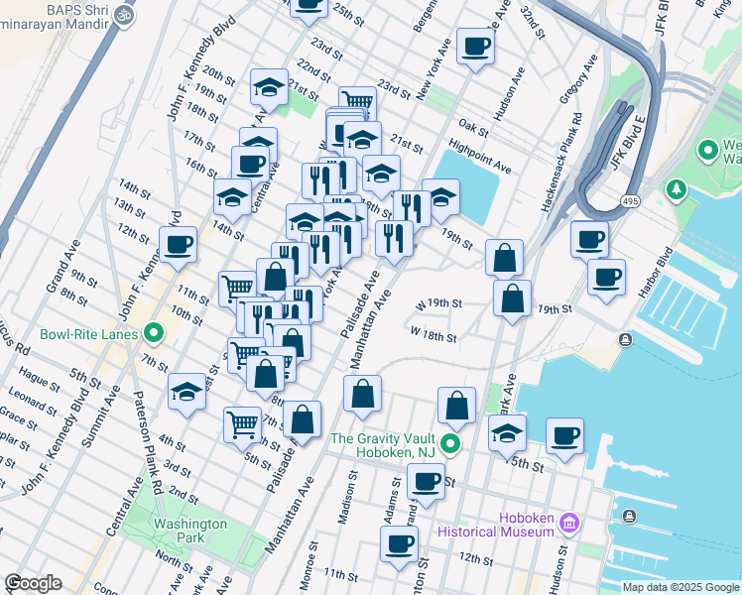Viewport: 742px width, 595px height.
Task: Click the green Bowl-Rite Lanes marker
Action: tap(153, 333)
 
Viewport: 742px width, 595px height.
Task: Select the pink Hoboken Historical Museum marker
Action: tap(568, 522)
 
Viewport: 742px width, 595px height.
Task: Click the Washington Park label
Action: tap(189, 531)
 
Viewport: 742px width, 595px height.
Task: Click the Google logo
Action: tap(33, 583)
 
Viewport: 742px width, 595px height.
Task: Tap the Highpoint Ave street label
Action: tap(479, 156)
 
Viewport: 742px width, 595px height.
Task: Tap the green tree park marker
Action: tap(678, 187)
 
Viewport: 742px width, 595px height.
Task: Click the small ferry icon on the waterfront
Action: tap(625, 340)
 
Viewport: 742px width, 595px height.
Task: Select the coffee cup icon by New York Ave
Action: tap(475, 46)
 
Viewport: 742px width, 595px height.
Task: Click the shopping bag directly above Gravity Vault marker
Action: tap(456, 406)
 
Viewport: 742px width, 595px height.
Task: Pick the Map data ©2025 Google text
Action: tap(680, 587)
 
